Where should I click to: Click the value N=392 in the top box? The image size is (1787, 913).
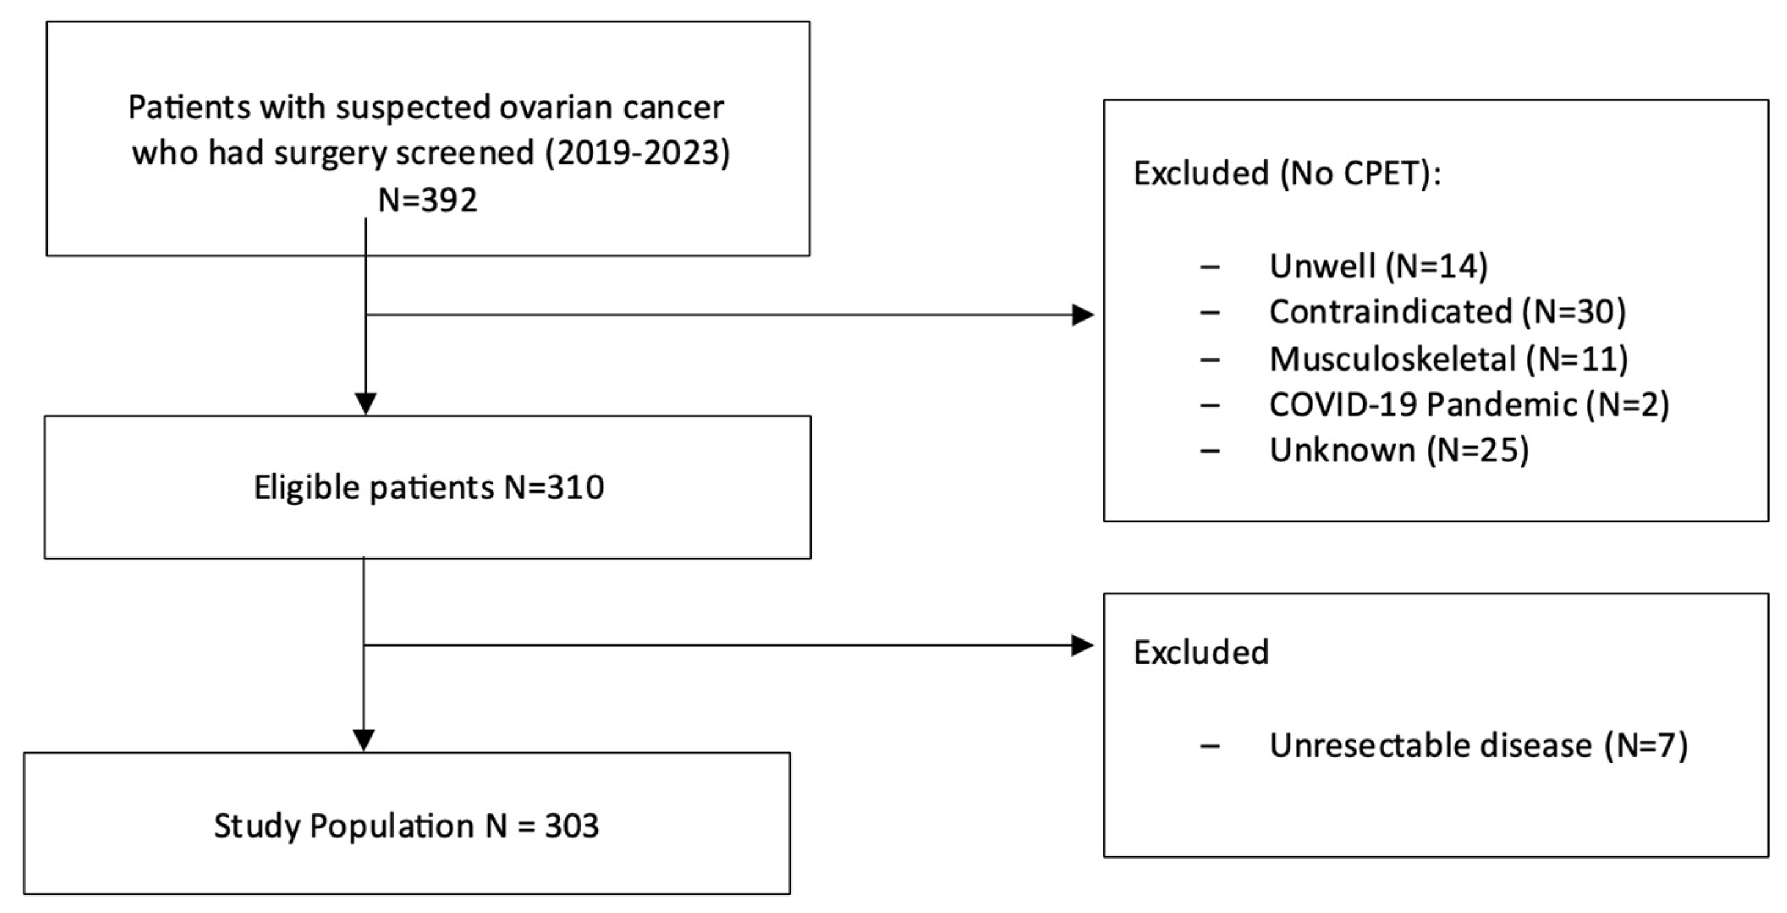427,200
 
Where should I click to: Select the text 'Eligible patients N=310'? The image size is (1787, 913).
428,487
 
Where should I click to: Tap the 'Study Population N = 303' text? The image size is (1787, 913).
406,826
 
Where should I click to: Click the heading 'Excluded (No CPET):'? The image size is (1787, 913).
1287,173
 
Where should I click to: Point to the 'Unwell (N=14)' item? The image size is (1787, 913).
1378,266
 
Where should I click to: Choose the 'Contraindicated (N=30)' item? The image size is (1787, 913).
1447,311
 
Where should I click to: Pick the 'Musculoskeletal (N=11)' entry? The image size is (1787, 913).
1448,358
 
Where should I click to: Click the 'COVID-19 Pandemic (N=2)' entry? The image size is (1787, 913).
1469,404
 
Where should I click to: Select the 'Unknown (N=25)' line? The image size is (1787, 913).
1398,450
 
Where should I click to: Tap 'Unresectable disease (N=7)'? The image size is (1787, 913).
1478,746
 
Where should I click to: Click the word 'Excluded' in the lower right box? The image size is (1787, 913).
1201,652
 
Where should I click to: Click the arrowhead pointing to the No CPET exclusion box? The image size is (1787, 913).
1083,315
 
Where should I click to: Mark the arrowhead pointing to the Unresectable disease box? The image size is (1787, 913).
1083,646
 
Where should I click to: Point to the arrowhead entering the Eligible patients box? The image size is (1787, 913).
365,404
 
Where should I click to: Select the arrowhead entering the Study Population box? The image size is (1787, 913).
364,740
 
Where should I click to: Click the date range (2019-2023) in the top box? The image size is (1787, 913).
637,153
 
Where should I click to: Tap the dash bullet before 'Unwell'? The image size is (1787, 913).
1210,267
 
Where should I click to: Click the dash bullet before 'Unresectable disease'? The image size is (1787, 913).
1210,747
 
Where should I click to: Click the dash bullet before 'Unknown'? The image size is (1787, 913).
1210,451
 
